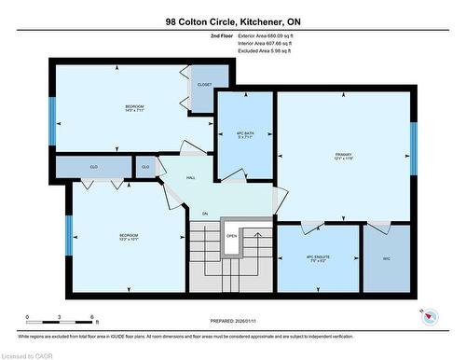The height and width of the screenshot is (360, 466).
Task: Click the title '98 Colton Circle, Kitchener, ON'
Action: (232, 20)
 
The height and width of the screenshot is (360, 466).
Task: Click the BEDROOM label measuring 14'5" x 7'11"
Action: (135, 109)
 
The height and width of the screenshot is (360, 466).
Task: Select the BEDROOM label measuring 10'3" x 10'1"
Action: (129, 236)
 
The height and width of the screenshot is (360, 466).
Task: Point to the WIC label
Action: (385, 259)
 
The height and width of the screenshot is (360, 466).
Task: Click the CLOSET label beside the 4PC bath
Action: (204, 84)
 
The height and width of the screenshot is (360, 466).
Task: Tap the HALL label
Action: (190, 176)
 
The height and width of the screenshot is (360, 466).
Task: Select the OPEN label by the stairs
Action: (231, 236)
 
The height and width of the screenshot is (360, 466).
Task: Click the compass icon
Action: (430, 317)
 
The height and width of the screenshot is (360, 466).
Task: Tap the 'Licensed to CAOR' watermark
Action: (27, 353)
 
